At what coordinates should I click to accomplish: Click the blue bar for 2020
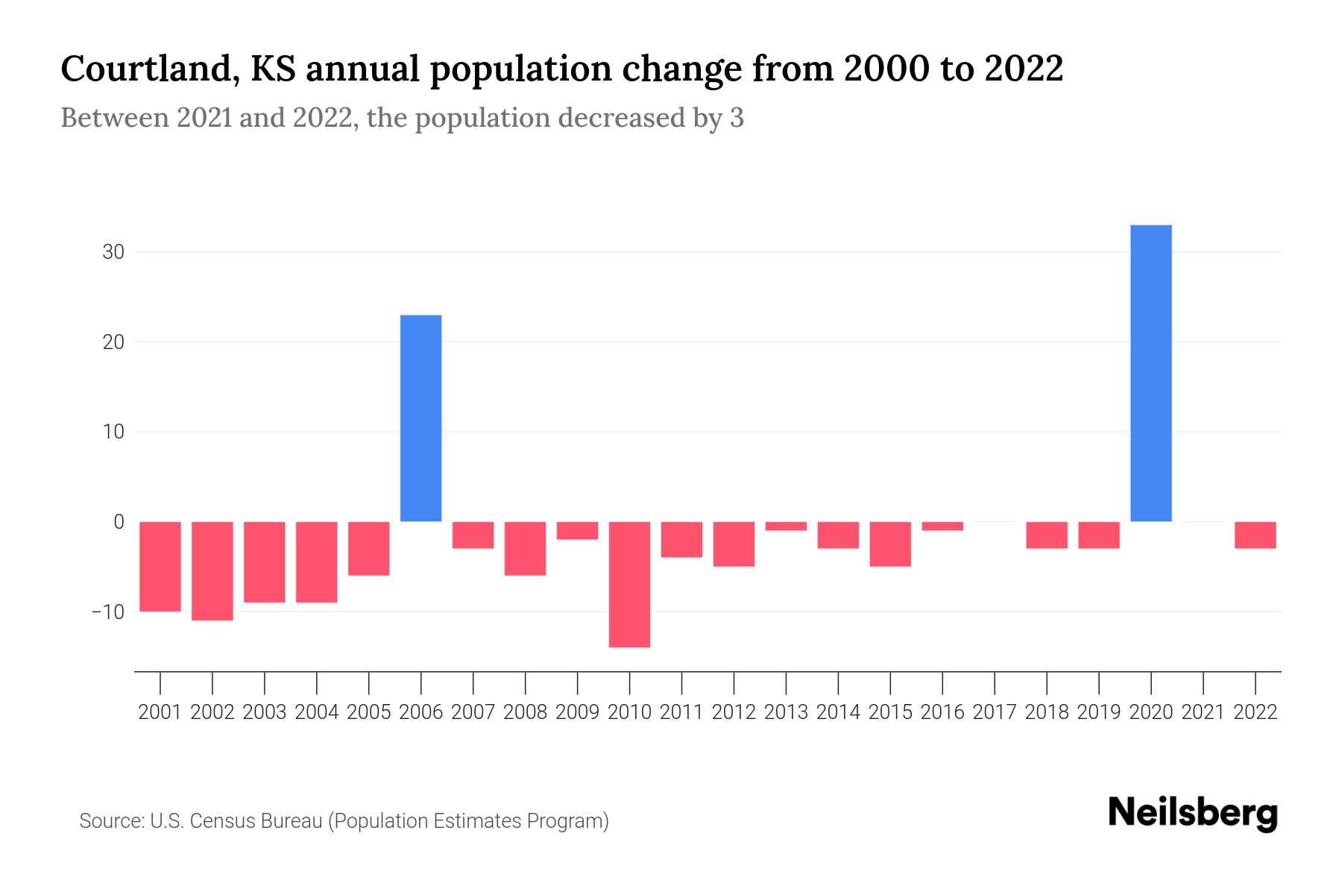click(x=1151, y=373)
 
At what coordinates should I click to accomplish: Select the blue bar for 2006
click(x=421, y=418)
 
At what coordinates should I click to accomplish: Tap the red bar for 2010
click(x=629, y=584)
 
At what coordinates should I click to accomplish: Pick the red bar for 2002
click(x=212, y=571)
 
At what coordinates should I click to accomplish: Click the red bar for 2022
click(x=1256, y=535)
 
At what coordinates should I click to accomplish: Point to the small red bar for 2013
click(x=786, y=526)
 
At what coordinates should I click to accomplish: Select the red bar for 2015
click(x=890, y=544)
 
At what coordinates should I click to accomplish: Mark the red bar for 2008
click(x=526, y=548)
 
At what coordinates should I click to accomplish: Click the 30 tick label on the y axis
click(x=113, y=252)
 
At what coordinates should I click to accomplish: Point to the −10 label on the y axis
click(x=108, y=612)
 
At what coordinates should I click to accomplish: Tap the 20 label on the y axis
click(x=113, y=342)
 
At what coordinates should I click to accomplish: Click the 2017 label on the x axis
click(x=995, y=712)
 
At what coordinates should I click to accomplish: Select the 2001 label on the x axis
click(x=160, y=712)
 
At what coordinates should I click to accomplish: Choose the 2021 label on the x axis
click(x=1203, y=712)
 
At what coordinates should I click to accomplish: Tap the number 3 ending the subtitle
click(x=737, y=119)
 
